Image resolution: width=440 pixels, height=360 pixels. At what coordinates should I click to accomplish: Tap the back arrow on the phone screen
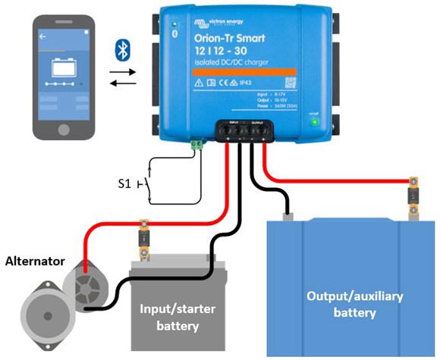coord(43,36)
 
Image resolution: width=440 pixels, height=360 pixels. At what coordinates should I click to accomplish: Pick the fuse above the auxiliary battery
coord(413,193)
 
